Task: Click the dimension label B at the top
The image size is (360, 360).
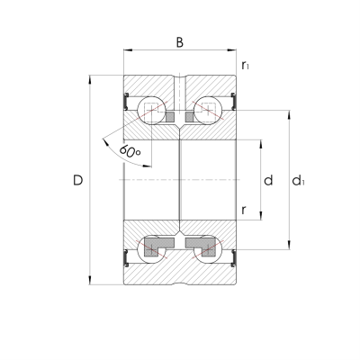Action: pos(179,42)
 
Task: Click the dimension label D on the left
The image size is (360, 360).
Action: pos(77,181)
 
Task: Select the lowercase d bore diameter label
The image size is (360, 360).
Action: pos(267,180)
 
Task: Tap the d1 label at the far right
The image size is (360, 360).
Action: pos(298,181)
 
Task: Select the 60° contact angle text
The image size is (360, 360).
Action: pos(130,152)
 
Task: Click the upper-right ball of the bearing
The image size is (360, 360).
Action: pos(209,110)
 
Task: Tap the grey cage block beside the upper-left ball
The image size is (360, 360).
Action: pos(168,116)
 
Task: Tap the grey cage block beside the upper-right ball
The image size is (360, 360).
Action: pos(191,116)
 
